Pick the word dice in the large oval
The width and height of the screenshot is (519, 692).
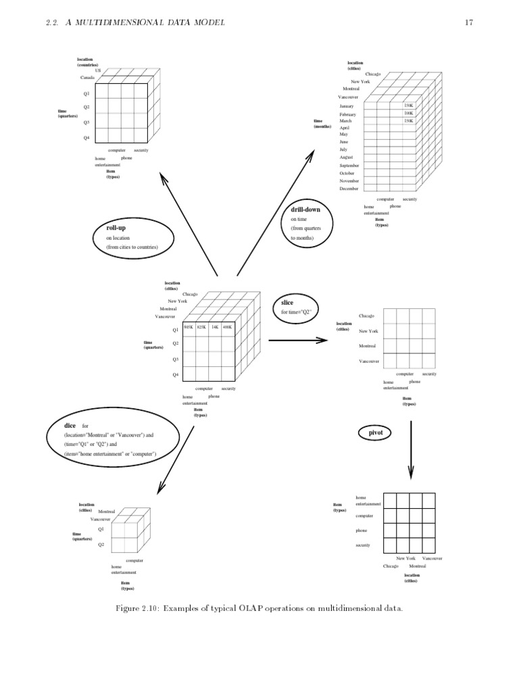click(70, 426)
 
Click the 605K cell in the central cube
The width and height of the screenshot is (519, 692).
click(189, 327)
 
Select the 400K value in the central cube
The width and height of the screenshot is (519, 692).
click(227, 327)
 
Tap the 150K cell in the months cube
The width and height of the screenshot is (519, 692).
click(408, 106)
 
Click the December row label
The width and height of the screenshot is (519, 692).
click(349, 189)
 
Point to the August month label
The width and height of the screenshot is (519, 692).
click(346, 157)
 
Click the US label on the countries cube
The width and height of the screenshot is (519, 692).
click(98, 70)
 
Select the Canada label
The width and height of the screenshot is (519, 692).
click(87, 78)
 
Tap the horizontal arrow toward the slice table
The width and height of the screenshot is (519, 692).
click(297, 339)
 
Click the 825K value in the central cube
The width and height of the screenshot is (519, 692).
click(201, 327)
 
